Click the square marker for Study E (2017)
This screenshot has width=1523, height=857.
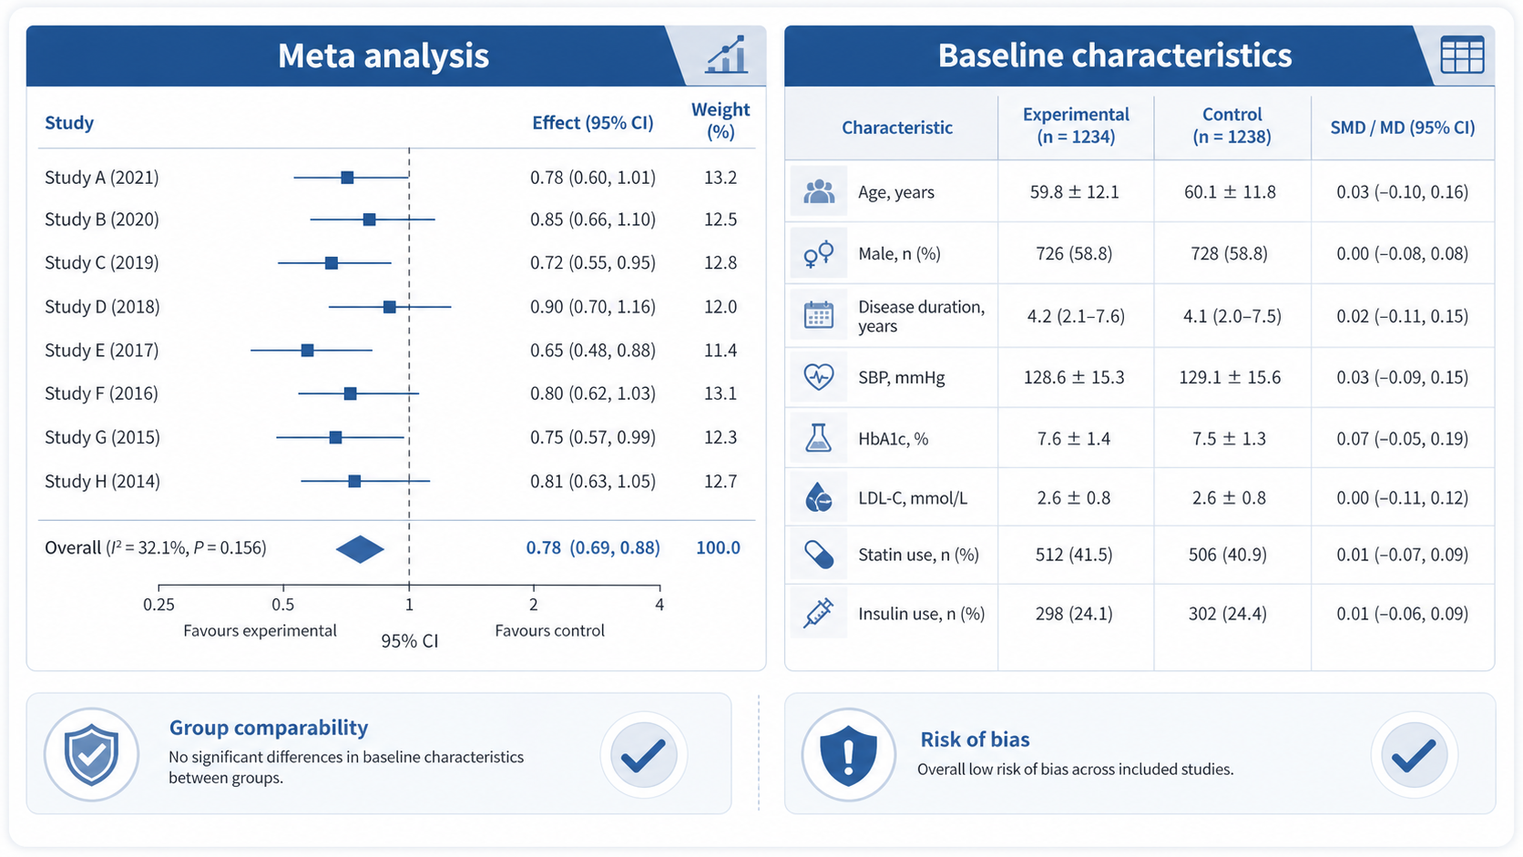coord(307,350)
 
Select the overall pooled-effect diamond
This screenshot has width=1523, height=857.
coord(360,549)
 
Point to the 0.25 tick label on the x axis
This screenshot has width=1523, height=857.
coord(158,604)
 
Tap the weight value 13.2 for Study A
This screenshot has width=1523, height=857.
coord(721,178)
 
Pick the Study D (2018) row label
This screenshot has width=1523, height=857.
coord(102,307)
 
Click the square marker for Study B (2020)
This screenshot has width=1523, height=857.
coord(369,219)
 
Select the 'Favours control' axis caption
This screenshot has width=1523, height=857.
coord(549,631)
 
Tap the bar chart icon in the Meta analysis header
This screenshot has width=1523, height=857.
coord(727,55)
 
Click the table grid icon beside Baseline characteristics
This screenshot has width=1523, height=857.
coord(1462,55)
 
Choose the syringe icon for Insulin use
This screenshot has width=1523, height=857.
coord(819,613)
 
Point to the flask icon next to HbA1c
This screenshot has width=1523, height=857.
coord(819,438)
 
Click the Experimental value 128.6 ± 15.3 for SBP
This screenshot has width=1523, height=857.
coord(1074,377)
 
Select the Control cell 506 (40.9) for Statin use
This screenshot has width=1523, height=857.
coord(1228,555)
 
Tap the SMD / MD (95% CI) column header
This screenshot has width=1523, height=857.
coord(1403,128)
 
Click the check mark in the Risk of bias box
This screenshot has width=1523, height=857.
coord(1414,755)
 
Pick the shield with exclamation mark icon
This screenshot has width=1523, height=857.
coord(849,754)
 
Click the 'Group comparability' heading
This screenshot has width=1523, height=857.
coord(269,728)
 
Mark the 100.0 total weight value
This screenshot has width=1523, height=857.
coord(718,547)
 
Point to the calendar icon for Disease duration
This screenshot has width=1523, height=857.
coord(819,315)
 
